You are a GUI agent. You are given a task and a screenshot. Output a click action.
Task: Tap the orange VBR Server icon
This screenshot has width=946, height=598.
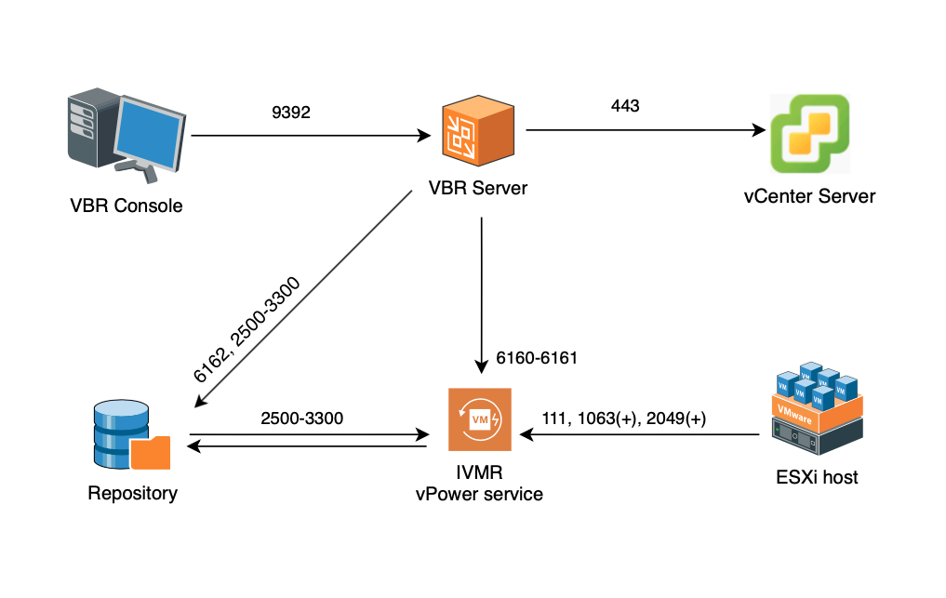tap(477, 132)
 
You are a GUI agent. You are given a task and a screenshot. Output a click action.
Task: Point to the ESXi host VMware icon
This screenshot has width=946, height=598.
tap(817, 410)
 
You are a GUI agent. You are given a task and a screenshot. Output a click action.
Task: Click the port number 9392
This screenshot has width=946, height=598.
tap(290, 112)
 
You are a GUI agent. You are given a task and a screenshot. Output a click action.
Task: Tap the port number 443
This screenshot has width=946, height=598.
tap(625, 106)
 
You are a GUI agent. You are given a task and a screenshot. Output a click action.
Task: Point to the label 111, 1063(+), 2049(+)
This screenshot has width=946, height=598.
tap(623, 419)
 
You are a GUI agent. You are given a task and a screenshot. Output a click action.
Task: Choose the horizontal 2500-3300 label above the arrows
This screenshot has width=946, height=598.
tap(302, 419)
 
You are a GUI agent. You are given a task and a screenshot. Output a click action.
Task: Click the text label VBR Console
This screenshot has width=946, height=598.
tap(127, 206)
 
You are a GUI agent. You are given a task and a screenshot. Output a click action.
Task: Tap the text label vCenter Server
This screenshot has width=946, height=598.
tap(809, 196)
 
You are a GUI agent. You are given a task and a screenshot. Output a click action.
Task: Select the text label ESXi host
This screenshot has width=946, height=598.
tap(817, 478)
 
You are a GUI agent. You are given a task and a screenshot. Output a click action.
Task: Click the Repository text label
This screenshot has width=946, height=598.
tap(132, 493)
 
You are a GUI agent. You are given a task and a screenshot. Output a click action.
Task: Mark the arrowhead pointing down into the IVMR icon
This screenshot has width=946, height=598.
tap(481, 365)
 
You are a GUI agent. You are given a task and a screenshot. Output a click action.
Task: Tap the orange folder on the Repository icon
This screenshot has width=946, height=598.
tap(151, 453)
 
